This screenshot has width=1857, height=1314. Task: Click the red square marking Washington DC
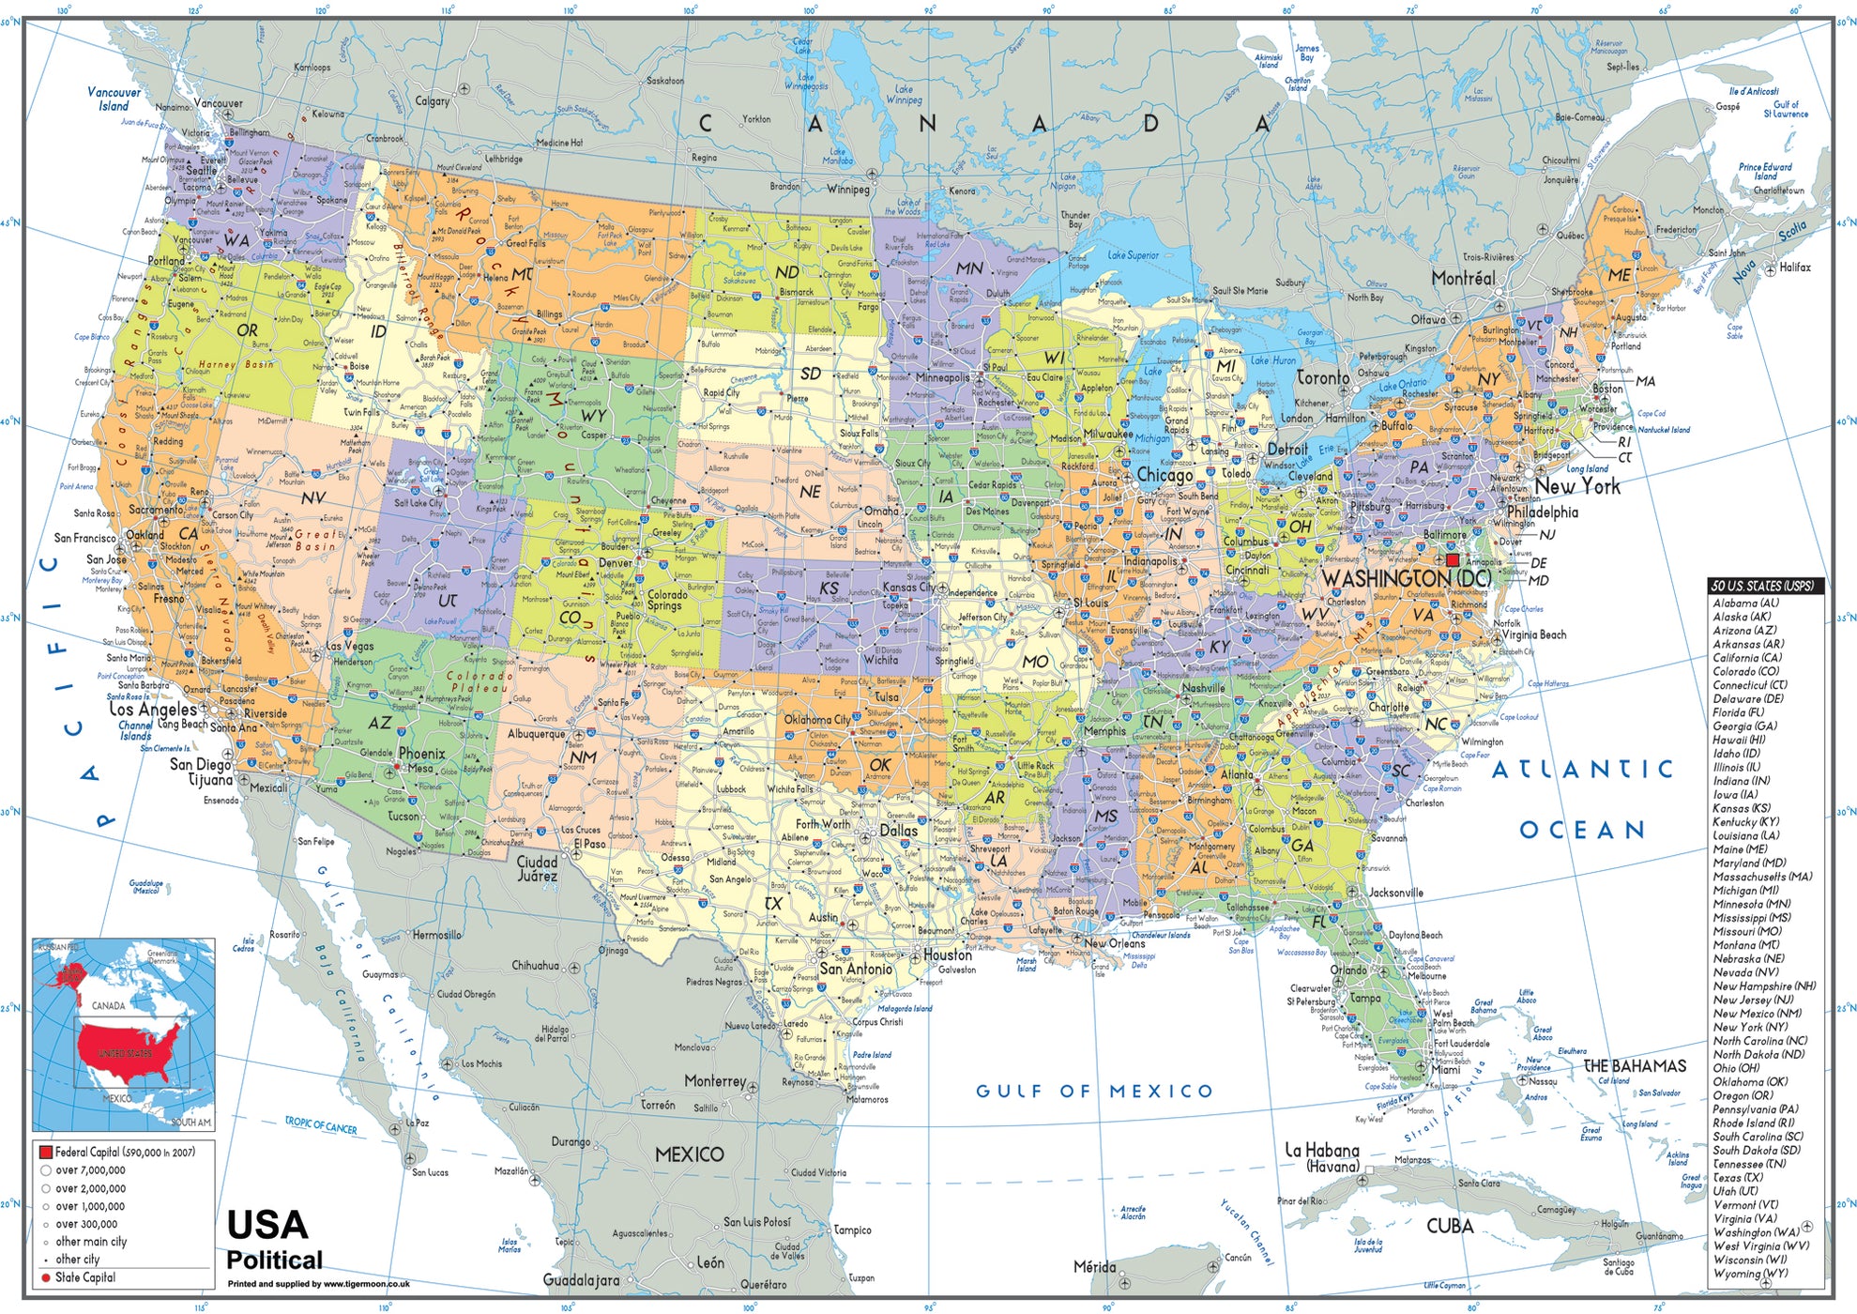(x=1453, y=559)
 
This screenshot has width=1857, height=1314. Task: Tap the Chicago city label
(x=1164, y=475)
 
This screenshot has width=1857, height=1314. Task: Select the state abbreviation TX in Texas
(x=773, y=903)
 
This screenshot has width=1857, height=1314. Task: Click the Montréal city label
(x=1463, y=279)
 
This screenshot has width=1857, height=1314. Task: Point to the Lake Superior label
(x=1133, y=255)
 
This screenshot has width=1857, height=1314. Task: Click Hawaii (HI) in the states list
(x=1738, y=740)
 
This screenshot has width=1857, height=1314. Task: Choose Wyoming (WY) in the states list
(x=1750, y=1274)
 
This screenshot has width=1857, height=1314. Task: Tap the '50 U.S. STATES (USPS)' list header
(x=1762, y=586)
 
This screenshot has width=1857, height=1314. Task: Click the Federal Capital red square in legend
(x=44, y=1152)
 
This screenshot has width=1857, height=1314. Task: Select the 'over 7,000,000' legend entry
(x=89, y=1170)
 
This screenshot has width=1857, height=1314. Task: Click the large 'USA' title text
(x=267, y=1225)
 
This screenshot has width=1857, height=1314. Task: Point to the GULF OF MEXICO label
(x=1094, y=1091)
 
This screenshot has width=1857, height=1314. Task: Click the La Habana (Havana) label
(x=1321, y=1157)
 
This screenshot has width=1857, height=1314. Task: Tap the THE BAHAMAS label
(x=1634, y=1066)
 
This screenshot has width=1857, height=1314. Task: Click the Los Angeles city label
(x=153, y=710)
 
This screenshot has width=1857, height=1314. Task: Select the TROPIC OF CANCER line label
(x=321, y=1125)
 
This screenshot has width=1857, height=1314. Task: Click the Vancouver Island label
(x=114, y=99)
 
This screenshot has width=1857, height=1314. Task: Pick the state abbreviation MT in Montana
(x=522, y=274)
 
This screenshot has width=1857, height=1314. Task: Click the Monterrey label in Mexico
(x=714, y=1081)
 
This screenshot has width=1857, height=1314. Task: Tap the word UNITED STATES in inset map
(x=125, y=1054)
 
